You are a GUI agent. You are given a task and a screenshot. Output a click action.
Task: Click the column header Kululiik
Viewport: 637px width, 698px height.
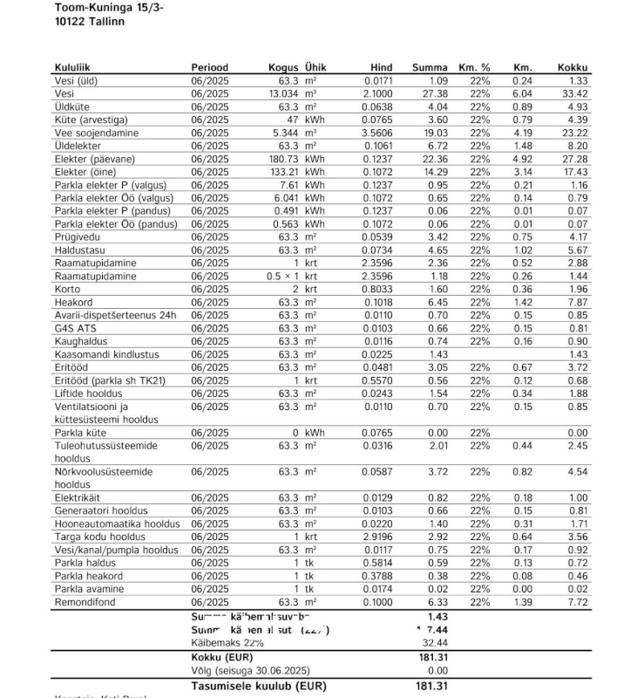click(72, 67)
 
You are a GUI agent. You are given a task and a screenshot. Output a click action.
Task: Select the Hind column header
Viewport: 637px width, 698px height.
click(381, 67)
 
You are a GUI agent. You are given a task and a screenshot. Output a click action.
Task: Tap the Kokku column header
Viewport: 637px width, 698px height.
click(573, 67)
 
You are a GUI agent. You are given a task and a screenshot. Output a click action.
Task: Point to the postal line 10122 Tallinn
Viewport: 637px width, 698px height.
click(89, 21)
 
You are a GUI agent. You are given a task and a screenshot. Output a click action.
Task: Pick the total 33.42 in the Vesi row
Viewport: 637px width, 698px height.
click(575, 93)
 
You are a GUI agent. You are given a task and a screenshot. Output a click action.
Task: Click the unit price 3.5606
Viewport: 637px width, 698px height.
click(377, 133)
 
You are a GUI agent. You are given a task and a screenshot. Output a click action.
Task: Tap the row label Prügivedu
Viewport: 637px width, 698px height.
click(78, 236)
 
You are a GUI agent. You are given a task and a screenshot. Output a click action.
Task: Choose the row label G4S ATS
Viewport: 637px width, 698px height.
click(76, 328)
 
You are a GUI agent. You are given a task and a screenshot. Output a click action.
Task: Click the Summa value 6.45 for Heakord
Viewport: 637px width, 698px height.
click(436, 302)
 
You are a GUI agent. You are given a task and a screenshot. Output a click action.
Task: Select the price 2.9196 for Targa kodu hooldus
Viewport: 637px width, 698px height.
click(377, 537)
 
